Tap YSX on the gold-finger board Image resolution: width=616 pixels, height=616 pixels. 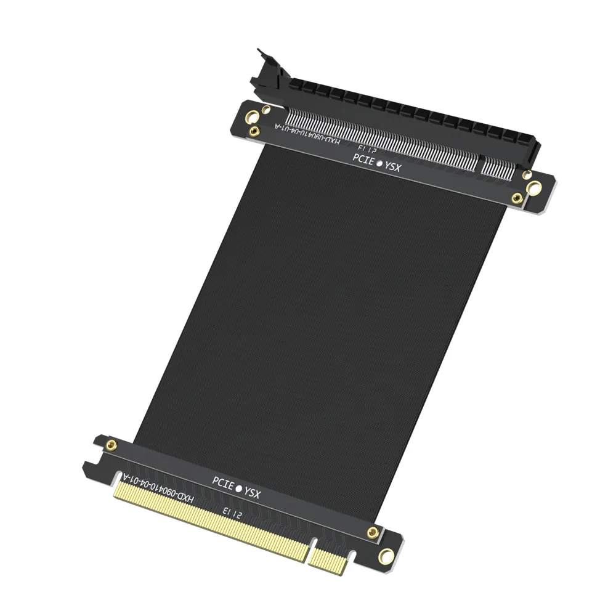click(253, 492)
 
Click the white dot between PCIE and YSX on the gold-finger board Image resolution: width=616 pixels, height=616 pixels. click(238, 488)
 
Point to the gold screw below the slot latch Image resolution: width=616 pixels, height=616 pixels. click(253, 132)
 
